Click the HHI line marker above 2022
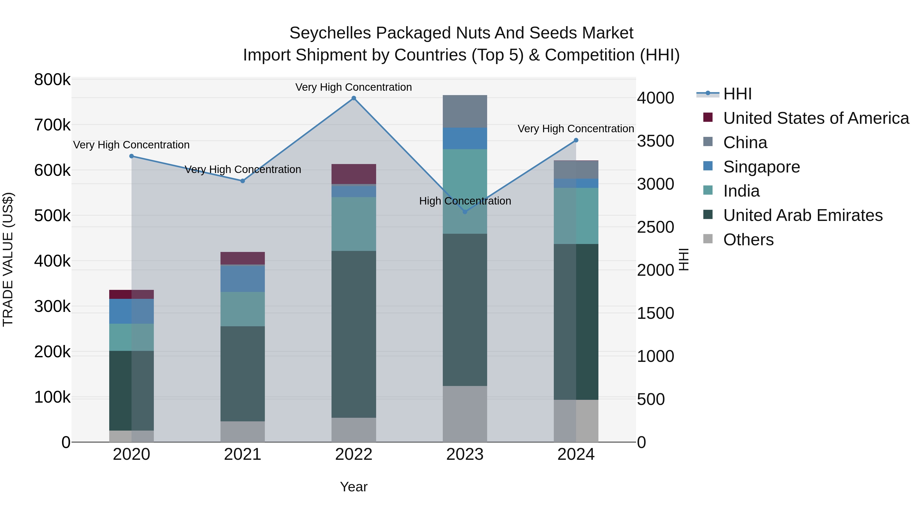pos(354,98)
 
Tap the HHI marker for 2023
pos(465,212)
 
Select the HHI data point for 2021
pos(243,181)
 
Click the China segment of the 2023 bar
pos(465,111)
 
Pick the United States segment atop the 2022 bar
pos(354,174)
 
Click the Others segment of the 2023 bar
pos(465,414)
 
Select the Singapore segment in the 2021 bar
pos(243,278)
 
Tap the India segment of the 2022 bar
pos(354,224)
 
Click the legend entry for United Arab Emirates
pos(802,215)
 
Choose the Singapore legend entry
pos(761,167)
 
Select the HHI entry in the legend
pos(737,94)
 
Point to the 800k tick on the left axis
pos(52,79)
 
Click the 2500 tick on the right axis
pos(655,227)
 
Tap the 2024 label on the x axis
pos(576,454)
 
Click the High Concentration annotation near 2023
pos(465,201)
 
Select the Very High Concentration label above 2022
pos(354,87)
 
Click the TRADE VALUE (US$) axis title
pos(8,259)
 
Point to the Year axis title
pos(354,487)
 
